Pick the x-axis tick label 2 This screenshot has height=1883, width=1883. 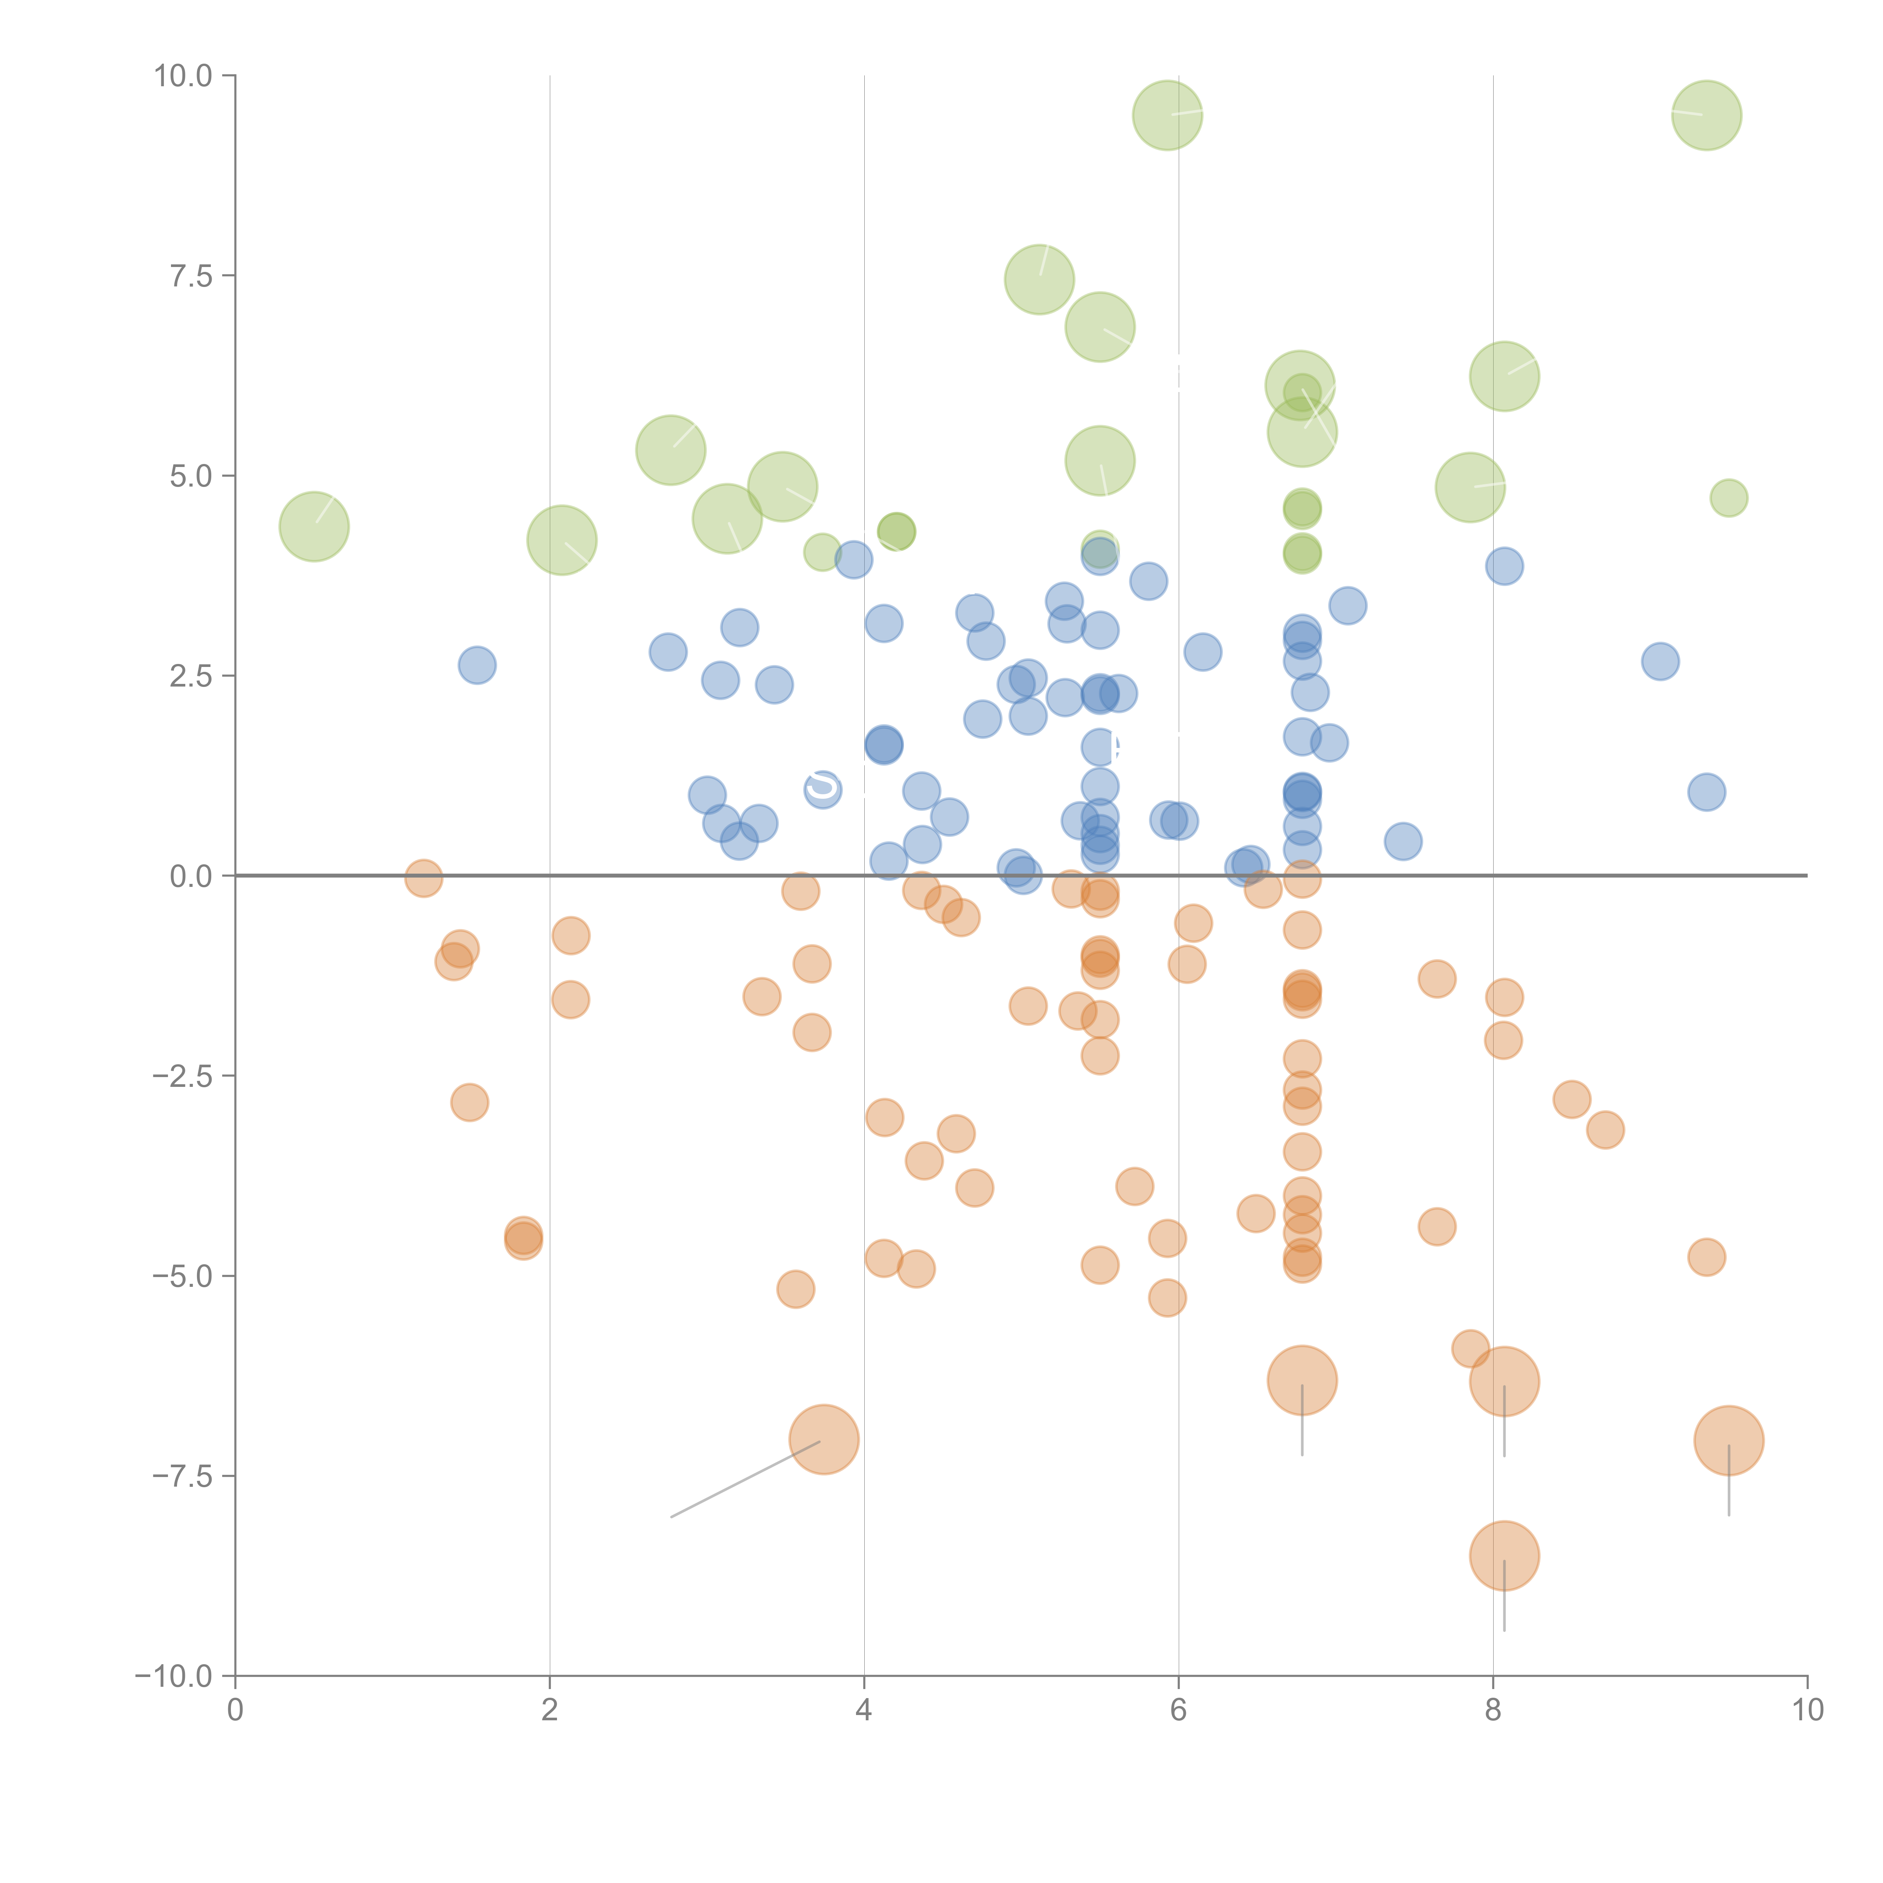(550, 1711)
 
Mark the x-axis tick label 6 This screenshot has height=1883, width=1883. (1178, 1711)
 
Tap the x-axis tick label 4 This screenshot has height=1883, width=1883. (864, 1711)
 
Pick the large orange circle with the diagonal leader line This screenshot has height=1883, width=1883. (824, 1439)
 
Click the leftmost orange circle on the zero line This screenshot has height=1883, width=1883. (423, 878)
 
